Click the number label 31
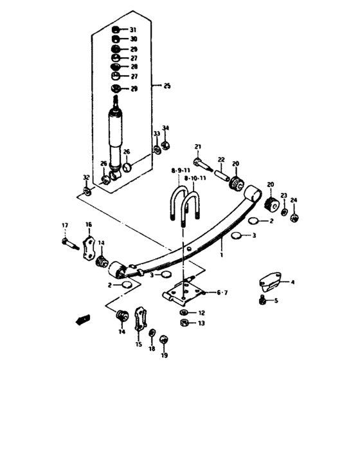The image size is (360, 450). tap(133, 30)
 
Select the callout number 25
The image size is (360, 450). tap(167, 85)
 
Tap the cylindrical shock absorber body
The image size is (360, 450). tap(116, 135)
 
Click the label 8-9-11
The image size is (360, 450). tap(180, 170)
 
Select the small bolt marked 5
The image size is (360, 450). tap(262, 299)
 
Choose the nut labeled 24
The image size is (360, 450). tap(294, 217)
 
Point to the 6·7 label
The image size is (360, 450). tap(222, 293)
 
